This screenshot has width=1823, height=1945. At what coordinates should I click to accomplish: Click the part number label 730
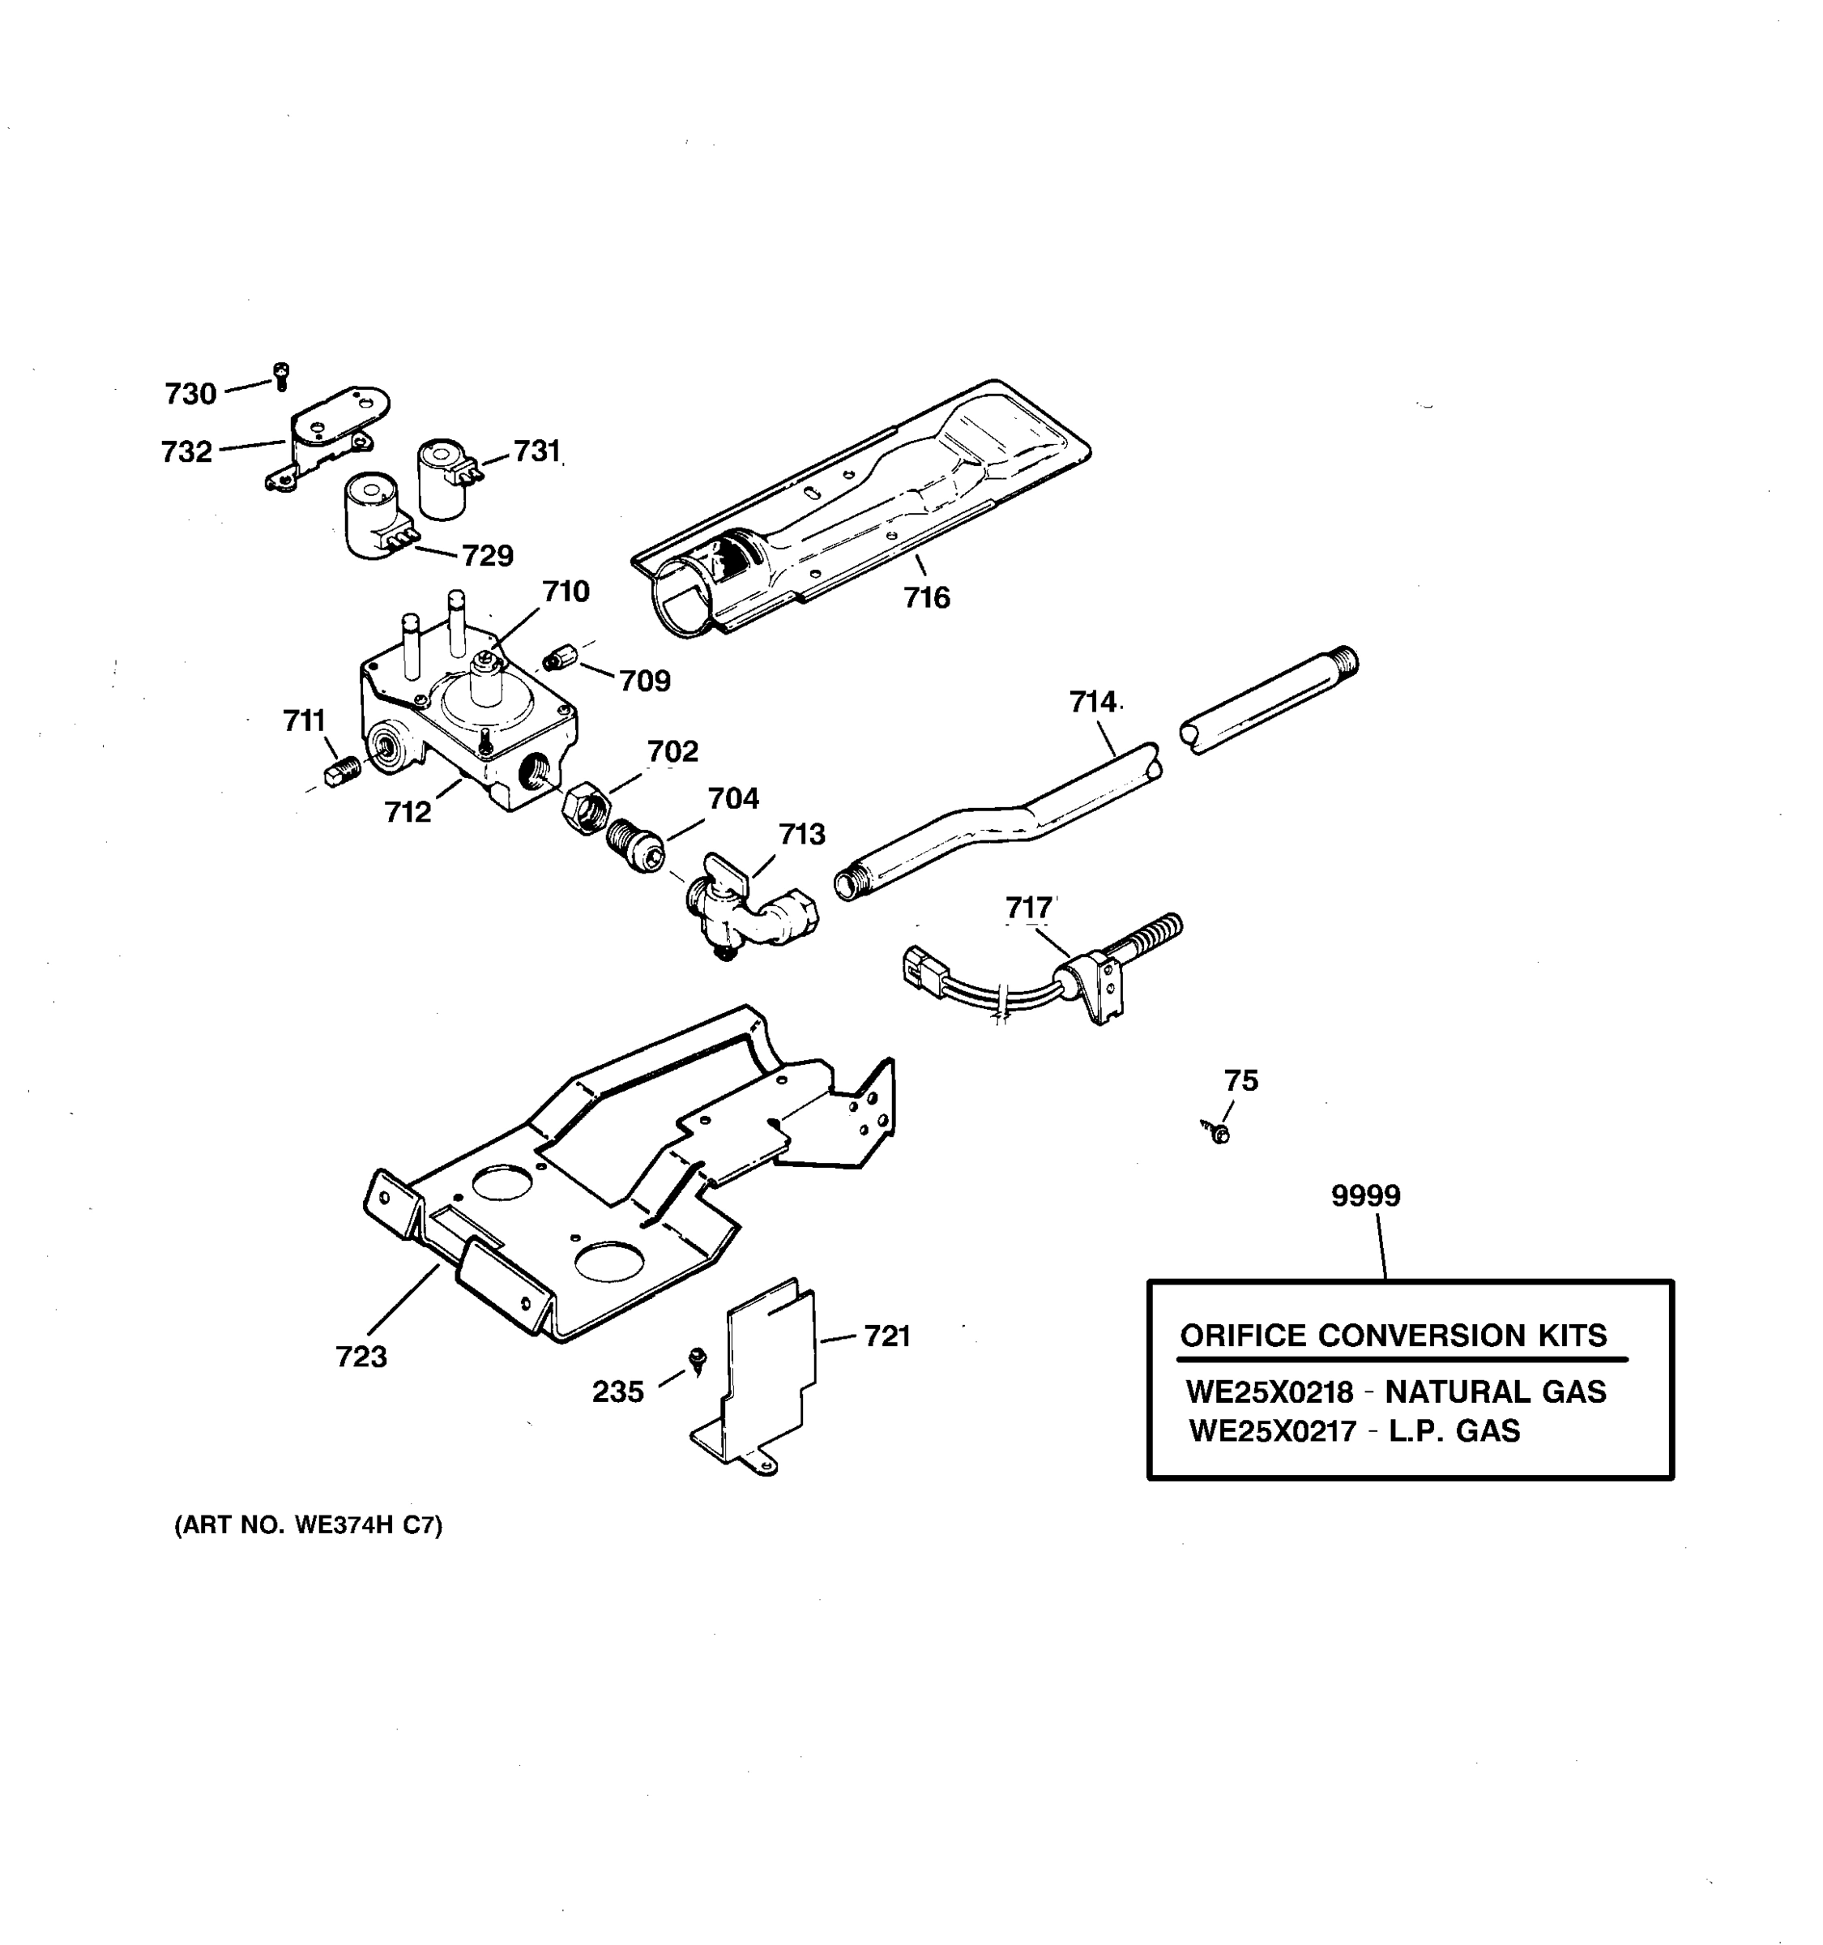(x=190, y=395)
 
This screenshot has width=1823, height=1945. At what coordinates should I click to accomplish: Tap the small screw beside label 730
(x=282, y=374)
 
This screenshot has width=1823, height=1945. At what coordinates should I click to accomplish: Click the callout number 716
(x=925, y=598)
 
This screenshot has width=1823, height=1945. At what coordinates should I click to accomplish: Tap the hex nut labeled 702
(x=586, y=807)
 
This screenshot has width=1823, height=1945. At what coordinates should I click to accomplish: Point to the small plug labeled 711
(x=342, y=774)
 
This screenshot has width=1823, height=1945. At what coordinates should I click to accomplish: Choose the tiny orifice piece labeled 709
(x=557, y=658)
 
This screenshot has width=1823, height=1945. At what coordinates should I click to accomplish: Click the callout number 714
(x=1091, y=702)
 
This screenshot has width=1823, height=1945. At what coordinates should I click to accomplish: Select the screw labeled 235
(x=698, y=1359)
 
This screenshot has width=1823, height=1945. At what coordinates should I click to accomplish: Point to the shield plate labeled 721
(x=768, y=1370)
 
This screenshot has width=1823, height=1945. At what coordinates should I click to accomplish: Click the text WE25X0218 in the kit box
(x=1269, y=1392)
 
